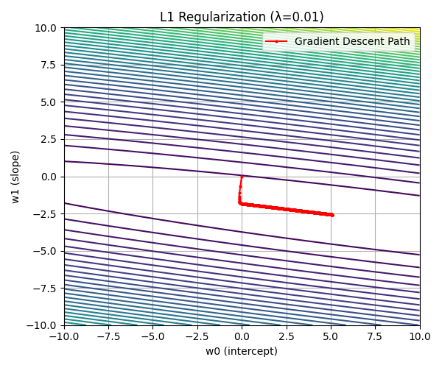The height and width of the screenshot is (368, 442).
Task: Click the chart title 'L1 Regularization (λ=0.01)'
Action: [x=242, y=17]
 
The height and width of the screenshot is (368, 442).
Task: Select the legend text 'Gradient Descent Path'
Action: [x=352, y=41]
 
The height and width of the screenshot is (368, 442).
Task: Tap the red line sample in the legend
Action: [x=276, y=41]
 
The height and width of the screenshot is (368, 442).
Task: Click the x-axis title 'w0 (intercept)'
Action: [x=242, y=351]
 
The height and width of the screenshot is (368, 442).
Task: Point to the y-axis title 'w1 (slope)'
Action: [x=15, y=177]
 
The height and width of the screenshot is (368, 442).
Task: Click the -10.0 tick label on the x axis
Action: [x=64, y=336]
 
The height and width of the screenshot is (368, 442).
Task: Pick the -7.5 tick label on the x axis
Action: [x=108, y=336]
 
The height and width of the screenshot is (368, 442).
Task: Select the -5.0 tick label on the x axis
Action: [x=152, y=336]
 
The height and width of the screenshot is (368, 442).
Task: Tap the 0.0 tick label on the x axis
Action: [x=242, y=336]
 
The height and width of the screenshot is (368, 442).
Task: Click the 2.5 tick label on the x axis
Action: [x=287, y=336]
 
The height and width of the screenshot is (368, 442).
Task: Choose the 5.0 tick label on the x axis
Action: [x=331, y=336]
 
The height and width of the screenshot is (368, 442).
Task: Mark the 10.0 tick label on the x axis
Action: [x=420, y=336]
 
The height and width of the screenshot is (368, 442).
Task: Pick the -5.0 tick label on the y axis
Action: [x=46, y=251]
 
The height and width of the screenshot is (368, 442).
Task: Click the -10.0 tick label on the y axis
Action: [x=43, y=325]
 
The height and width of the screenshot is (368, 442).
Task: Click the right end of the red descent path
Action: [x=332, y=215]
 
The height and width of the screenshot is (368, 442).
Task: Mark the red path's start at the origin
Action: [x=242, y=177]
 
